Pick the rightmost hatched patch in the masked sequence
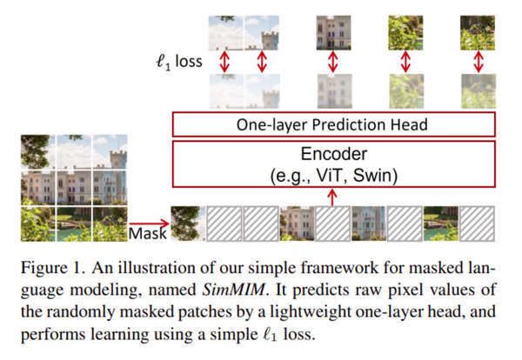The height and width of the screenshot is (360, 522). tap(476, 222)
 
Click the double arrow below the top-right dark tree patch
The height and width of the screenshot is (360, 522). tap(476, 62)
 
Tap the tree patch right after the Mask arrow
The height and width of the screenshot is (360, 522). tap(188, 222)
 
